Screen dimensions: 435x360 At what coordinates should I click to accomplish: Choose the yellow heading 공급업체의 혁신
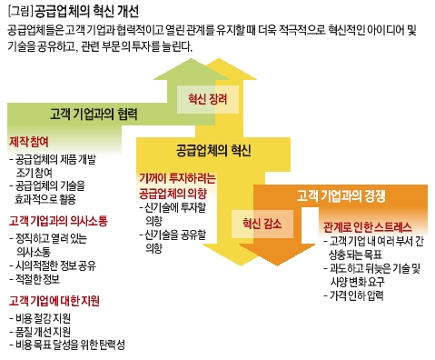click(x=210, y=150)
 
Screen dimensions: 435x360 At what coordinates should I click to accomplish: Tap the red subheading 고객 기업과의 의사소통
click(x=54, y=221)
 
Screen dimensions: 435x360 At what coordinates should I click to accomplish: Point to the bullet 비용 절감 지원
click(x=48, y=318)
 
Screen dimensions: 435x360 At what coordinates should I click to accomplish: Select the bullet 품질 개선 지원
click(x=48, y=332)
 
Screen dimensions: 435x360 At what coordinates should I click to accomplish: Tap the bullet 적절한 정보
click(x=43, y=279)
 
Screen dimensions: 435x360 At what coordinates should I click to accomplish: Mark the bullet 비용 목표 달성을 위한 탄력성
click(x=72, y=345)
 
